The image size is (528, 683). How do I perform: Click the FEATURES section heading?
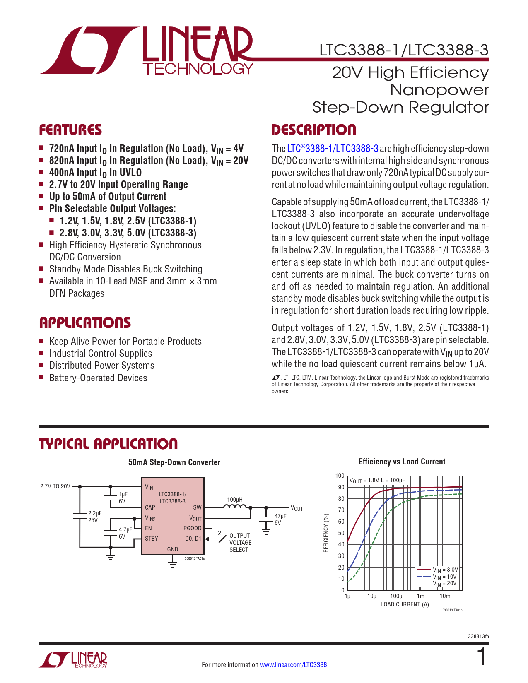tap(70, 130)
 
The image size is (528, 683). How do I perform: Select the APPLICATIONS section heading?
tap(85, 323)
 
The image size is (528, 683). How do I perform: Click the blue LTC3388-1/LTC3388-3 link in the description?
tap(333, 149)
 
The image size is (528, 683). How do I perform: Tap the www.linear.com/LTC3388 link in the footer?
tap(293, 665)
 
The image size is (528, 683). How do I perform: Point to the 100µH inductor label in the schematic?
tap(235, 500)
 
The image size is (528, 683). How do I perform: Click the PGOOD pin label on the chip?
tap(192, 528)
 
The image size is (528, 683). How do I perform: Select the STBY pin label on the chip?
tap(152, 539)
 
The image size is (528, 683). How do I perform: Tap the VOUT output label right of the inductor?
tap(297, 508)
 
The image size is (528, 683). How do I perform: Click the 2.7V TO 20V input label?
tap(55, 486)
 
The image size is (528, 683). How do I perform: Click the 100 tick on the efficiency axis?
tap(340, 476)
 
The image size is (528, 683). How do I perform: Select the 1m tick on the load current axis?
tap(420, 596)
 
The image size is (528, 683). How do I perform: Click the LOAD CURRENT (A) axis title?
tap(405, 604)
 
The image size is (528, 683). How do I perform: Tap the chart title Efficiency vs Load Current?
tap(402, 462)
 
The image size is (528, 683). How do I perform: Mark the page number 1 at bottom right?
tap(482, 657)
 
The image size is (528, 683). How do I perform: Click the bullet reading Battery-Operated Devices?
tap(98, 378)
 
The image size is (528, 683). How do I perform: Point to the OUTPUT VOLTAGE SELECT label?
tap(240, 543)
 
